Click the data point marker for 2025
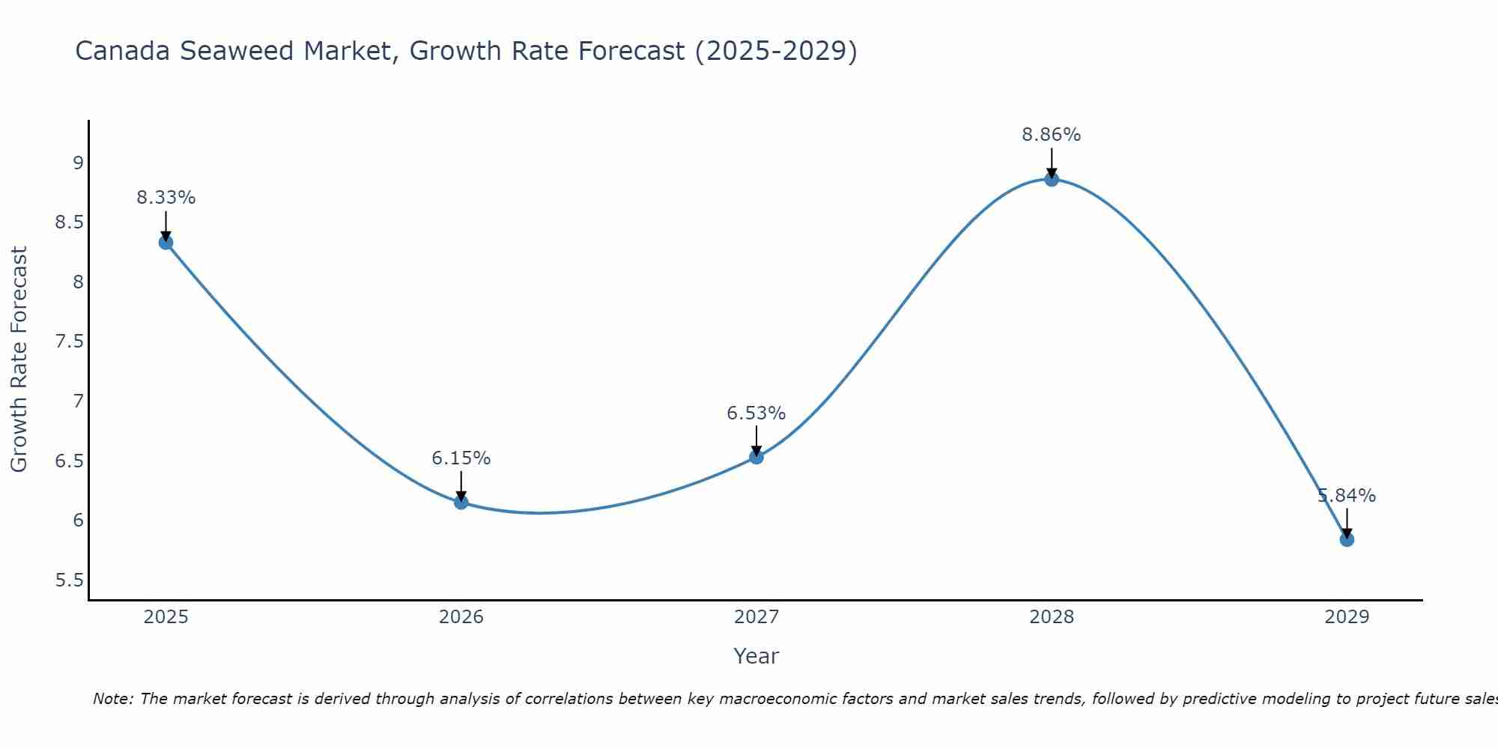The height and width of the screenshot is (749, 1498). [x=166, y=242]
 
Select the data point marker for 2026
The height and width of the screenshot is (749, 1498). [x=461, y=502]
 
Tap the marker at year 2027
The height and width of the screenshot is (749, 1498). [x=756, y=456]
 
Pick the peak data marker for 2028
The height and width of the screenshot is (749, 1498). [x=1052, y=179]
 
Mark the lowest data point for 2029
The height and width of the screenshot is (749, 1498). [x=1347, y=539]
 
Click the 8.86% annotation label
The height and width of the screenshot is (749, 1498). [x=1051, y=135]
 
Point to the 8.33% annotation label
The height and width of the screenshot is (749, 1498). [x=166, y=198]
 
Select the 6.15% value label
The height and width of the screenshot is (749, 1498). [x=461, y=458]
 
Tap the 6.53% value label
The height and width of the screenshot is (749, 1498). [x=756, y=413]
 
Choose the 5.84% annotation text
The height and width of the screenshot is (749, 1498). [x=1346, y=496]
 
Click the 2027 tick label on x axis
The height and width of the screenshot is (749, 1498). [x=756, y=617]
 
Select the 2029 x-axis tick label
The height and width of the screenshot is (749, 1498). [x=1347, y=617]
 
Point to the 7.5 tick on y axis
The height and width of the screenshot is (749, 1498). [x=69, y=342]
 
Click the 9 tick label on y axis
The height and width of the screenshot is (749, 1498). [x=78, y=163]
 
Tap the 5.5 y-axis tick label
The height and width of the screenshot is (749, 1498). [x=69, y=580]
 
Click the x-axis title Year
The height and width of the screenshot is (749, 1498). [x=756, y=656]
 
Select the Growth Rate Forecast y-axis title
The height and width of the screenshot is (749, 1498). [x=19, y=360]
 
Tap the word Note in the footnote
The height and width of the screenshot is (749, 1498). [x=112, y=699]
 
